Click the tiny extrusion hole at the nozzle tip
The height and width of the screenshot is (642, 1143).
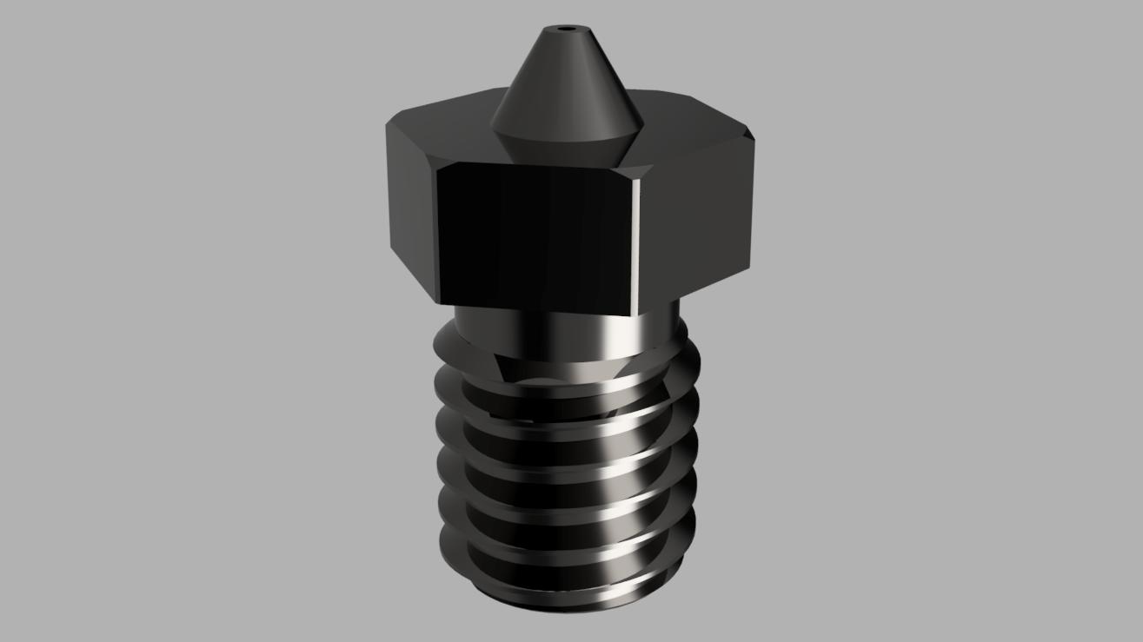pos(568,29)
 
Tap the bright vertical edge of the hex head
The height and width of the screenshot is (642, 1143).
pos(640,235)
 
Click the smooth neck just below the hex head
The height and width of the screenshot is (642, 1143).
pos(522,334)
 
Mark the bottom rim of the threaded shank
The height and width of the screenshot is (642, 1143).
pos(565,604)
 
